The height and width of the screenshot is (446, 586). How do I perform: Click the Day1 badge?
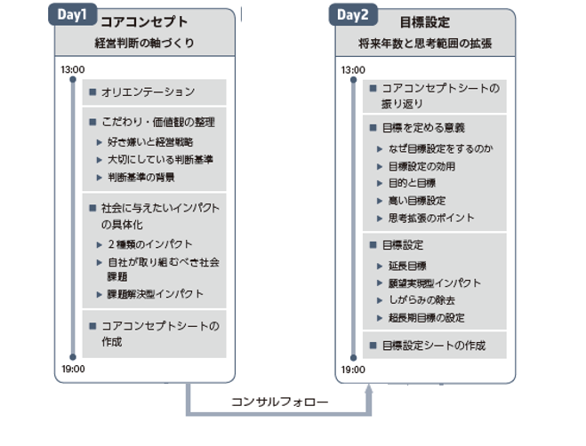[x=73, y=14]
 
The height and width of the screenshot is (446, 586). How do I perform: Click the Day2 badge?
[x=353, y=15]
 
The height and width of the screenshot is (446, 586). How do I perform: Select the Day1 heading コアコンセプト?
[x=144, y=21]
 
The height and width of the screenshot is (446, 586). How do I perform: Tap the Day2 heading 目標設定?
[x=425, y=22]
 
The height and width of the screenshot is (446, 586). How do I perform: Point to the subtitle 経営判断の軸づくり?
[x=144, y=43]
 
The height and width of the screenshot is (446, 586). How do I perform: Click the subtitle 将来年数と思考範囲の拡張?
[x=425, y=44]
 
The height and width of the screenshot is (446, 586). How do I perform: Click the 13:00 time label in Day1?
[x=73, y=69]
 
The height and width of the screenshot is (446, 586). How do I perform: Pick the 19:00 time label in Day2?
[x=353, y=370]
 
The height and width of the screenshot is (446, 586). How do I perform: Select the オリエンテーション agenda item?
[x=148, y=92]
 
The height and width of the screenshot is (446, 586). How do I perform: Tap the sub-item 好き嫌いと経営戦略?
[x=150, y=142]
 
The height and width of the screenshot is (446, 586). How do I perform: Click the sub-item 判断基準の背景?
[x=141, y=177]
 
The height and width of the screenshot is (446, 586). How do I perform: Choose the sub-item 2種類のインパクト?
[x=150, y=244]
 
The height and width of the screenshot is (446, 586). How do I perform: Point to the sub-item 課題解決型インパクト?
[x=156, y=294]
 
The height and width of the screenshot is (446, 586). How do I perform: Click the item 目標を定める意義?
[x=423, y=128]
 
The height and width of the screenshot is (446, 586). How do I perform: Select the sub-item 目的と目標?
[x=413, y=183]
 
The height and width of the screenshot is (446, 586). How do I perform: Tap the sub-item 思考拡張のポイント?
[x=431, y=218]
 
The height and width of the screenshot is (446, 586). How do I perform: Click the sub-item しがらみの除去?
[x=421, y=300]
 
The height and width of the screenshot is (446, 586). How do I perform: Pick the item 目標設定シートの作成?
[x=434, y=346]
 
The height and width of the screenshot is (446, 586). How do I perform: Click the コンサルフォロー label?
[x=279, y=402]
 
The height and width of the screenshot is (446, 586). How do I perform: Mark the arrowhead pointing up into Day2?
[x=369, y=389]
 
